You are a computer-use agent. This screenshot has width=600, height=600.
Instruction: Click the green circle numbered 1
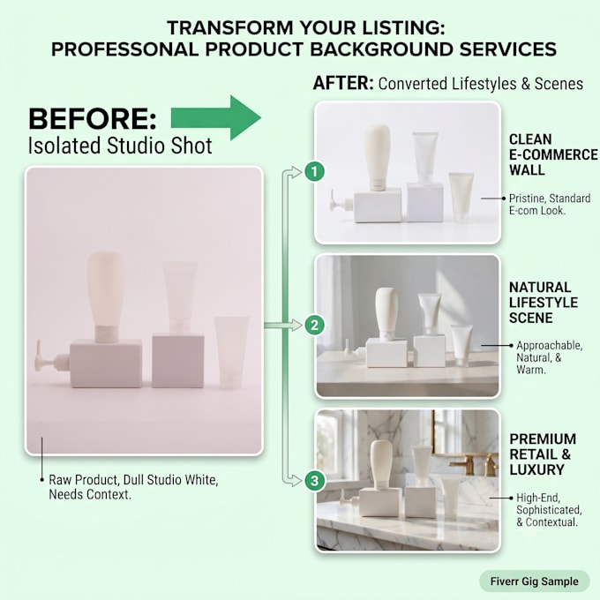(314, 171)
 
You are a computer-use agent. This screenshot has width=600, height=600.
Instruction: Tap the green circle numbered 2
(314, 326)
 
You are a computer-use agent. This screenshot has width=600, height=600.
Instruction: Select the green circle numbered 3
(314, 481)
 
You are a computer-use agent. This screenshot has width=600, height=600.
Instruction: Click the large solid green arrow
(216, 118)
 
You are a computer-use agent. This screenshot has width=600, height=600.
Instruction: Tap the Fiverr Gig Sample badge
(534, 581)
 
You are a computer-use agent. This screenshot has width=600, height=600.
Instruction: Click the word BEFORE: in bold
(93, 118)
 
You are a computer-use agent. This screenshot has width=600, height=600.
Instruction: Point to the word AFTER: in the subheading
(343, 83)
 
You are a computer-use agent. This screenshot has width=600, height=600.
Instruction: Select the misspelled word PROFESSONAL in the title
(124, 49)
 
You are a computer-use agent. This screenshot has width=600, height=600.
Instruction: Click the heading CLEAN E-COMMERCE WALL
(553, 154)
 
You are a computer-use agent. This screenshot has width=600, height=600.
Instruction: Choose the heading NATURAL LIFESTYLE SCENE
(543, 303)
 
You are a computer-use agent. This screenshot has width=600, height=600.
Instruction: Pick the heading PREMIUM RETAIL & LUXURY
(543, 454)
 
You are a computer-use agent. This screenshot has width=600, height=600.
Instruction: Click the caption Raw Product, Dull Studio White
(133, 480)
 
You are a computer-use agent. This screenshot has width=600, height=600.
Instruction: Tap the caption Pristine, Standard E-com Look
(550, 205)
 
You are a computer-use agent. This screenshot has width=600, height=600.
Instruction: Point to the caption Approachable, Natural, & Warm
(549, 357)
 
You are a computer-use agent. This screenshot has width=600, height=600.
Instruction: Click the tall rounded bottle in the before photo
(105, 296)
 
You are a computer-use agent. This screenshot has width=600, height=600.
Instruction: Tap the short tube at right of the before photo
(231, 351)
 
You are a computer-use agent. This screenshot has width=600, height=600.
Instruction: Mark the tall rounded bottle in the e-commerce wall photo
(377, 158)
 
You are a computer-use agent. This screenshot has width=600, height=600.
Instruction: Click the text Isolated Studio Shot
(120, 146)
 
